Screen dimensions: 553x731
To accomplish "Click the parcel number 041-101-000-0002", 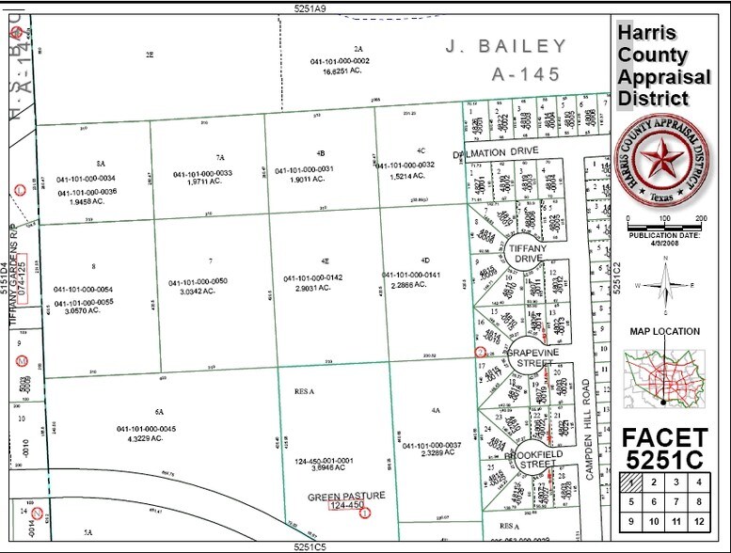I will coord(340,61).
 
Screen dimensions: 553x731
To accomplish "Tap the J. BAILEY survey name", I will coord(506,46).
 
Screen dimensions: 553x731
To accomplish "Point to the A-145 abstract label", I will coord(532,74).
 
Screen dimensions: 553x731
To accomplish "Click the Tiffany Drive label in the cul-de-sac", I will coord(527,252).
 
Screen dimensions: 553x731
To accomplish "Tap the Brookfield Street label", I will coord(533,460).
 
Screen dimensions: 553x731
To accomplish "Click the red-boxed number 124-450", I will coord(346,506).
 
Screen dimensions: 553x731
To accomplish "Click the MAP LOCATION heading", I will coord(664,331).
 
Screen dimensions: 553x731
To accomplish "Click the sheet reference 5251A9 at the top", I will coord(310,8).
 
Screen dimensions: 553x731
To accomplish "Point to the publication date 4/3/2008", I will coord(666,243).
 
